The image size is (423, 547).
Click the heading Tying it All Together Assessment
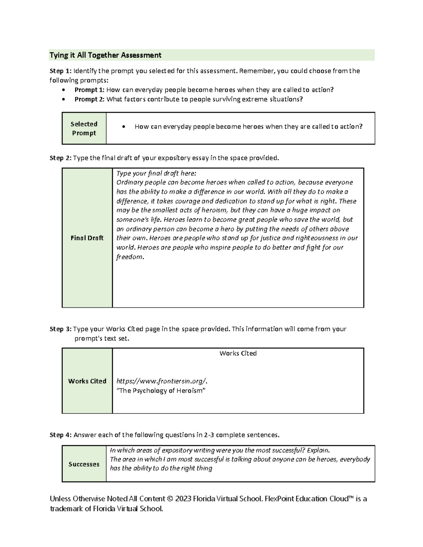(x=105, y=55)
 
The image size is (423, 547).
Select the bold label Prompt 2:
(x=89, y=99)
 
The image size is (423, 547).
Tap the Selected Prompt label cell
(x=84, y=129)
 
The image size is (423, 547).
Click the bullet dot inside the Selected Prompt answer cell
(x=123, y=127)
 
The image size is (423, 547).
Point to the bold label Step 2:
(x=61, y=158)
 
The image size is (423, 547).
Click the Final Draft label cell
(x=87, y=238)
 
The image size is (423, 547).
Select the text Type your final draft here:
(x=156, y=173)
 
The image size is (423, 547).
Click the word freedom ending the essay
(x=130, y=257)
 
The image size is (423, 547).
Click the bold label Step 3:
(x=61, y=329)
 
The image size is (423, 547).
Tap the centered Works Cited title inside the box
(x=238, y=353)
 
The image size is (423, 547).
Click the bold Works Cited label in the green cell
(x=87, y=381)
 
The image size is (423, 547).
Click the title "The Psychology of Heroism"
(x=161, y=391)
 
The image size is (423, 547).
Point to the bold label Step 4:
(x=61, y=435)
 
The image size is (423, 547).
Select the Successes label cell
(x=84, y=464)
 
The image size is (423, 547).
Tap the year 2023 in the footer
(x=184, y=499)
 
